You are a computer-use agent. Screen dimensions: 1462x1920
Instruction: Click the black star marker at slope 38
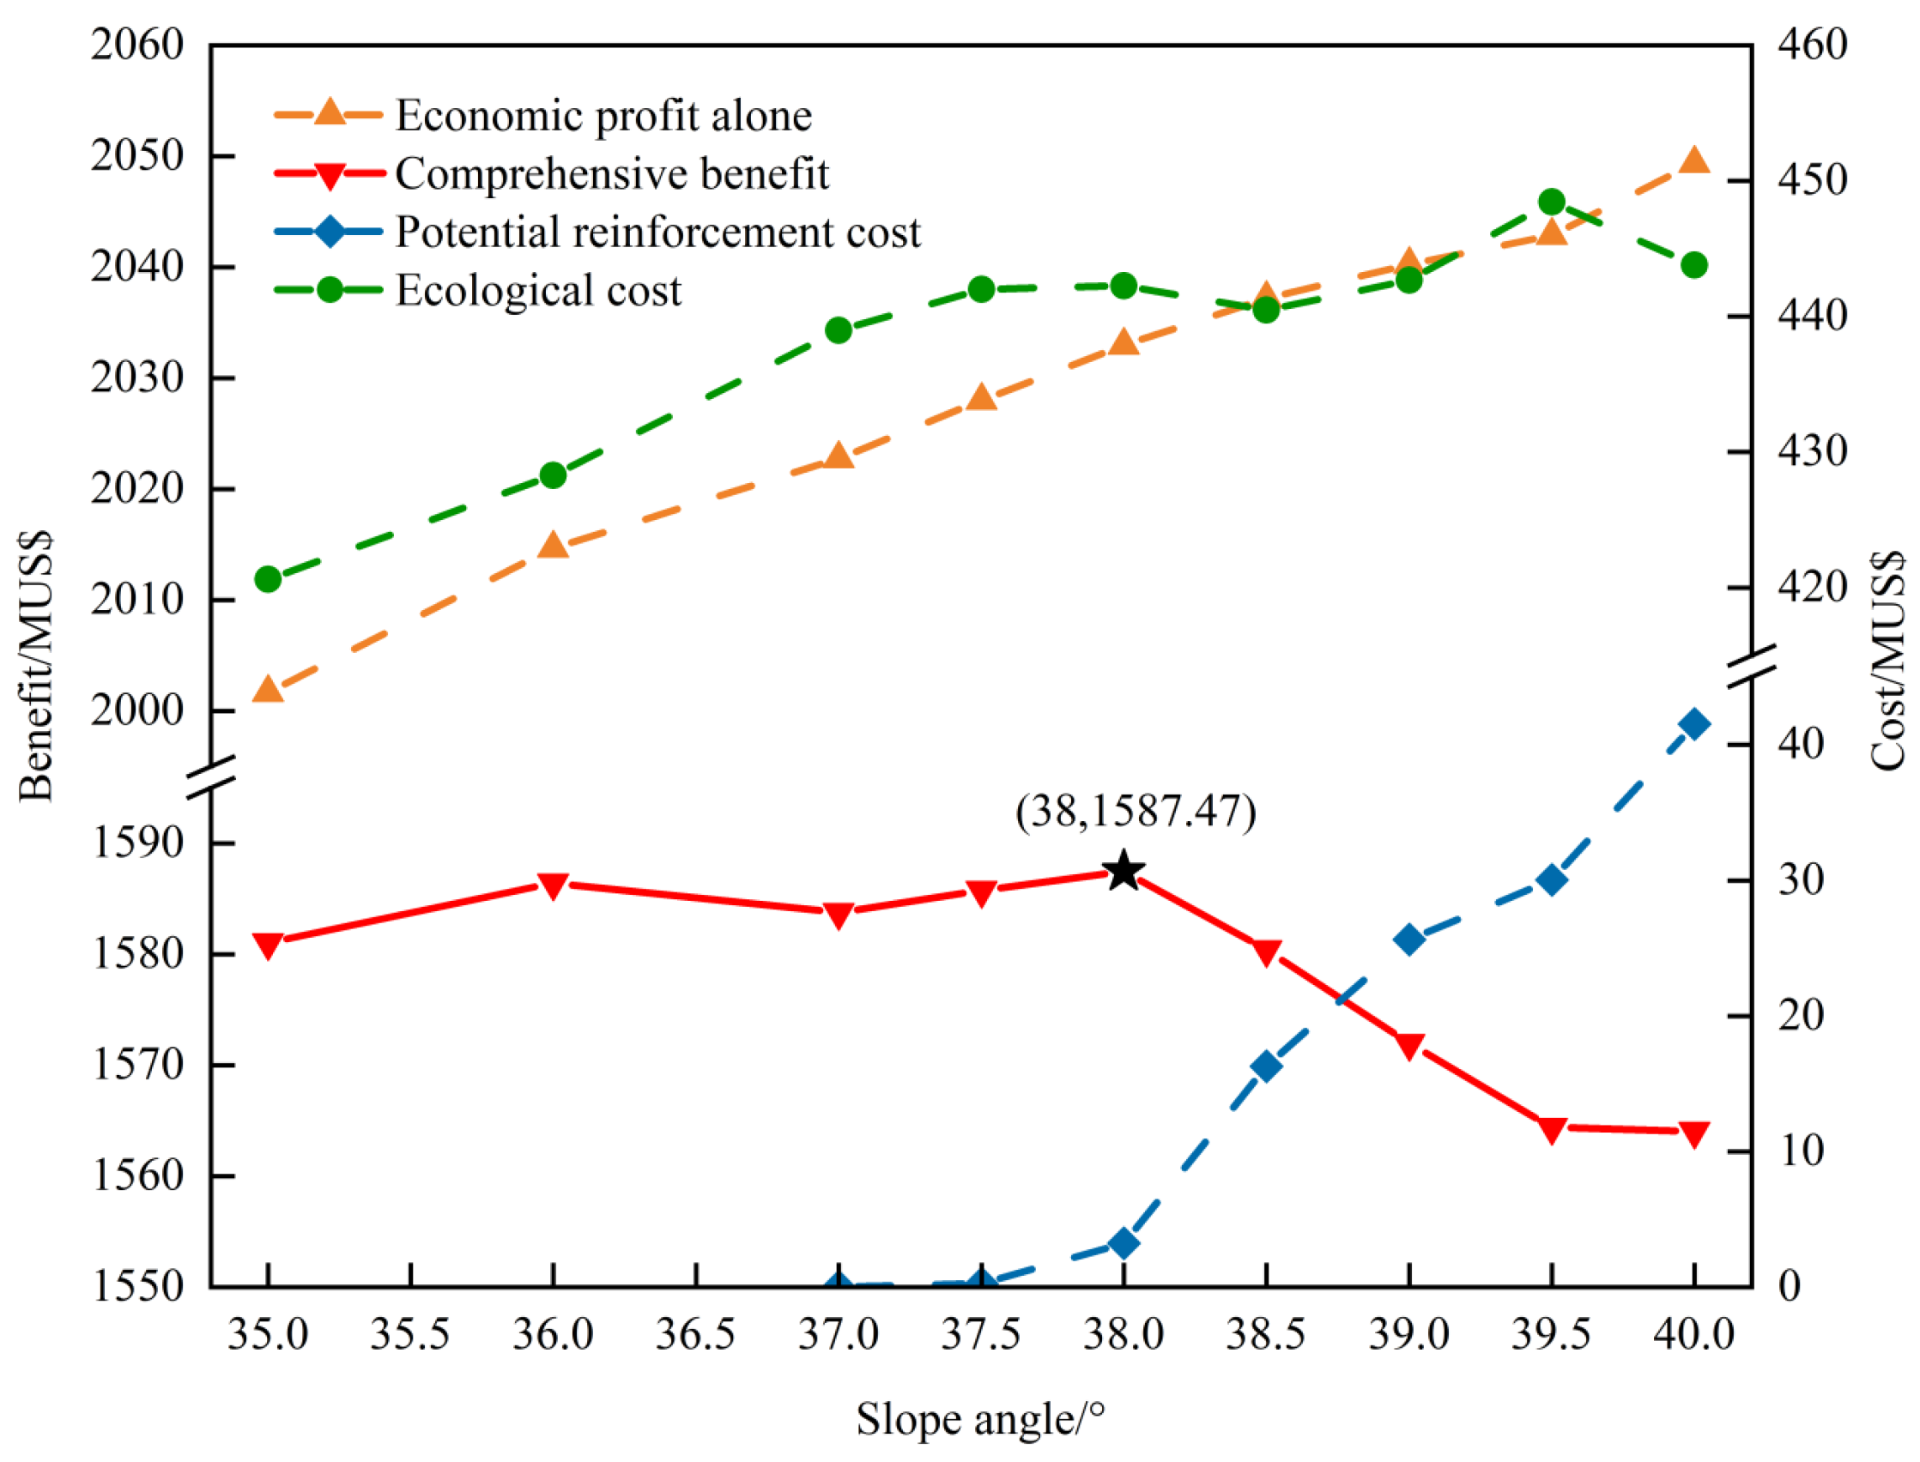(x=1123, y=871)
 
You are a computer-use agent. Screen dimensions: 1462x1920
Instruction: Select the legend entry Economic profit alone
(x=603, y=116)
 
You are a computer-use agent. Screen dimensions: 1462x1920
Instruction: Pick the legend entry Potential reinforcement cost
(x=657, y=233)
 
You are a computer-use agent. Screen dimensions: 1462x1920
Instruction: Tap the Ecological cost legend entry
(x=538, y=291)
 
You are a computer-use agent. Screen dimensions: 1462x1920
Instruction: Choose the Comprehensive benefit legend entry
(x=612, y=174)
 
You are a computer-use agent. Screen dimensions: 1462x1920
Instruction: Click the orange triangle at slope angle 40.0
(x=1693, y=161)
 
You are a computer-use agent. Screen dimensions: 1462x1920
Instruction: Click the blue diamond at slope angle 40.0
(x=1693, y=724)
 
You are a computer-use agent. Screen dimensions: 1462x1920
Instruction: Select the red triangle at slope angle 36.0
(x=553, y=885)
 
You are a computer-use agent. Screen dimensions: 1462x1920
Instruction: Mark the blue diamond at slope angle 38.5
(x=1266, y=1067)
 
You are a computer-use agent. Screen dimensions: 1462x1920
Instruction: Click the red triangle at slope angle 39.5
(x=1552, y=1130)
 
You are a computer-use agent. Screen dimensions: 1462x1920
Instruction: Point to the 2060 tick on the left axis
(x=137, y=45)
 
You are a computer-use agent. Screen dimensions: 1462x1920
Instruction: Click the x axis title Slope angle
(x=980, y=1419)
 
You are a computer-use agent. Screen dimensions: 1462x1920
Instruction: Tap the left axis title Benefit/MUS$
(x=37, y=666)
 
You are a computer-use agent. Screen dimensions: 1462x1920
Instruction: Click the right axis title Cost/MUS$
(x=1887, y=662)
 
